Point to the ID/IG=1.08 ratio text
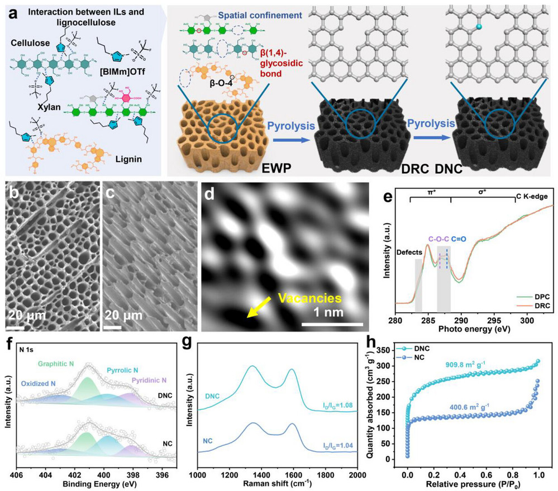(338, 412)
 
